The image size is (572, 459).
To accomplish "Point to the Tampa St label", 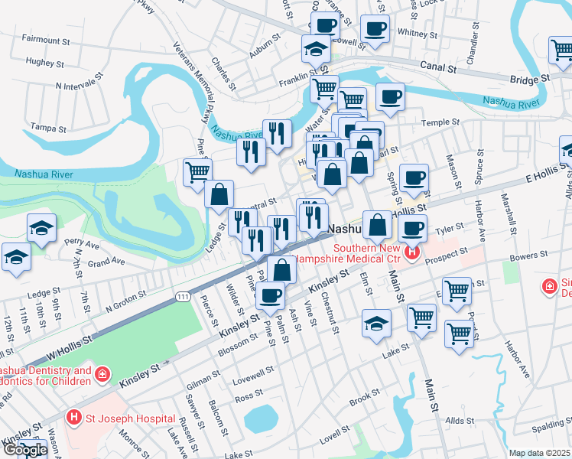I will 44,128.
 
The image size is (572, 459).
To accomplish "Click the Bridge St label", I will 530,79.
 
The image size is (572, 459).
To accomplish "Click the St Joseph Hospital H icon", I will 74,418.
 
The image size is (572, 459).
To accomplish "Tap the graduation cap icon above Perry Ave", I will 41,227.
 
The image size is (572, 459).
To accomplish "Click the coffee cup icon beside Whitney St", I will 374,30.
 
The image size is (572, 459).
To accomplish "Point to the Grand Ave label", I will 107,262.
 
